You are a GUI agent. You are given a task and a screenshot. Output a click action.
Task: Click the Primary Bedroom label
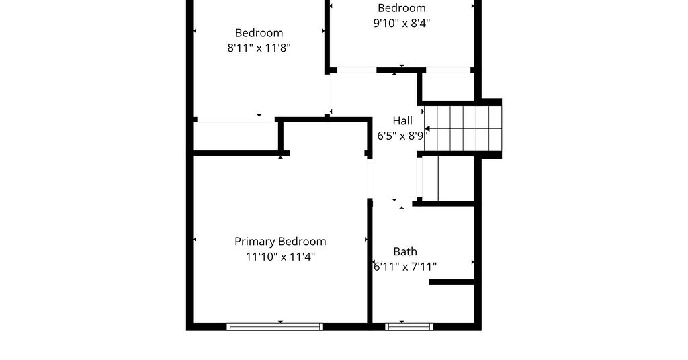280,242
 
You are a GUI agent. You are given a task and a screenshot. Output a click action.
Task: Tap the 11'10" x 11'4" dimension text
280,257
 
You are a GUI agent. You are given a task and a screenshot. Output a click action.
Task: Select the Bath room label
405,252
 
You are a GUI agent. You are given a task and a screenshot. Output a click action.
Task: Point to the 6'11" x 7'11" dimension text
404,267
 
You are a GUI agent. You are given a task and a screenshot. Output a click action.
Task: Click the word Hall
402,121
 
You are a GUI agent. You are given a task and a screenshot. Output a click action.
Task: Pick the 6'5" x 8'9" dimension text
402,136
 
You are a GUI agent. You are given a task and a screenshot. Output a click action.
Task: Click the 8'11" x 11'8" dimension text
259,48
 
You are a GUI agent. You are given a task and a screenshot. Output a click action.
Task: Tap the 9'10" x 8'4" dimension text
402,23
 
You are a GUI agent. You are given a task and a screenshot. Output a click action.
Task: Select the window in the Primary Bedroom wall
275,326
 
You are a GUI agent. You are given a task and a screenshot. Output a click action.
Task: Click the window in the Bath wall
409,326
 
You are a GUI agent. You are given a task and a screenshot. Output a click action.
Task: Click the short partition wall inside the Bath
451,282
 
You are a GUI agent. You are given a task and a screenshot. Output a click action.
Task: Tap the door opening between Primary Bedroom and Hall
370,178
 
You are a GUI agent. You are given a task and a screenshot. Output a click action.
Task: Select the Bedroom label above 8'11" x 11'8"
259,33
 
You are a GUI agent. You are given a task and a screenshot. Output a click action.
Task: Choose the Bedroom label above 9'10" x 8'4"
402,8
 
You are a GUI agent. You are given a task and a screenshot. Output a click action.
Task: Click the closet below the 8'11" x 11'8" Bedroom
236,136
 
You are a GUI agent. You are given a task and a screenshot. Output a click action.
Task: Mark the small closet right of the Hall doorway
447,179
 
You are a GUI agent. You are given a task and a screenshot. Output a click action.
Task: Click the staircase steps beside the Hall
462,128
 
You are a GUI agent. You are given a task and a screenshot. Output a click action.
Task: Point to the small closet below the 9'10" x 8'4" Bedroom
447,87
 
